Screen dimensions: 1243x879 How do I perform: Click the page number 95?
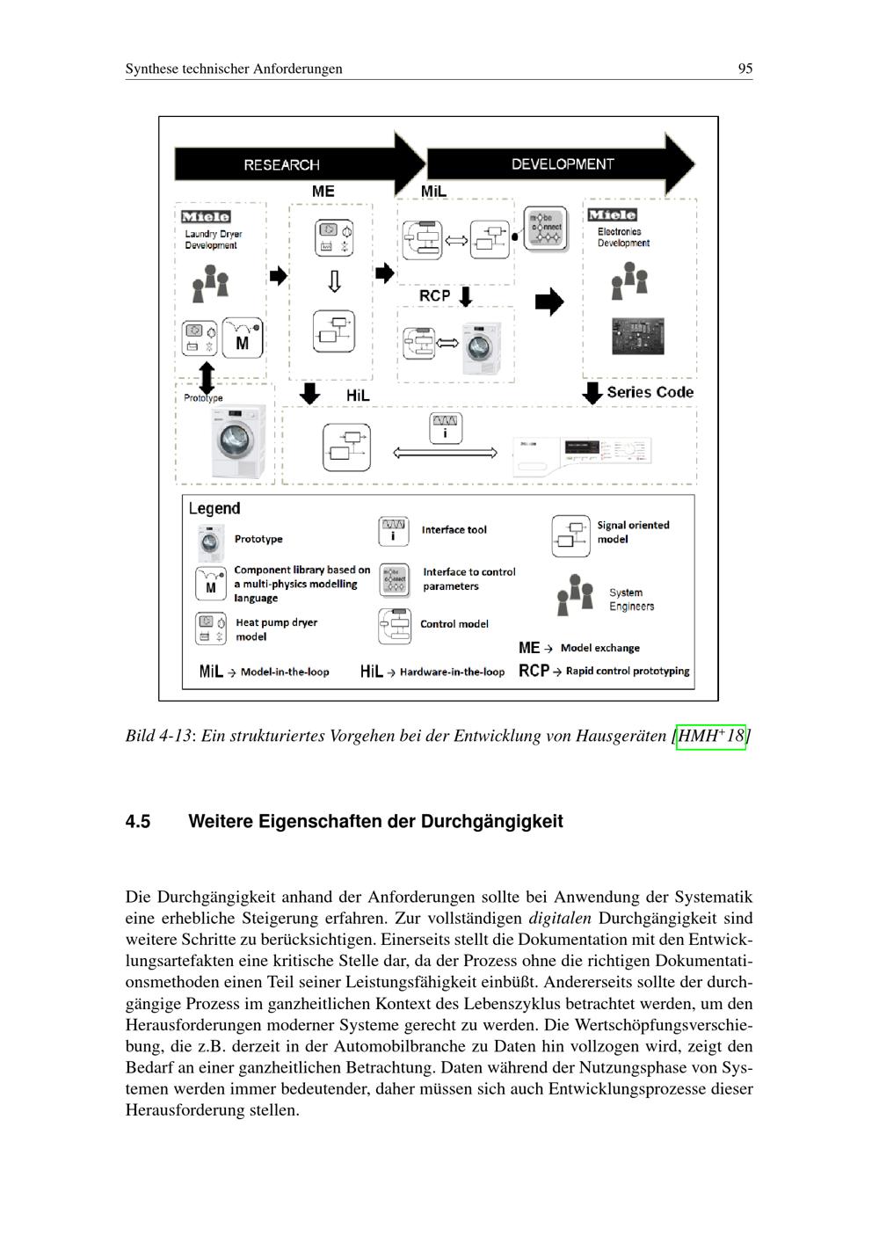click(745, 69)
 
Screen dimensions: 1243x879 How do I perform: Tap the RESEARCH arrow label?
click(281, 164)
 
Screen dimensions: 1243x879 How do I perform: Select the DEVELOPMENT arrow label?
click(563, 164)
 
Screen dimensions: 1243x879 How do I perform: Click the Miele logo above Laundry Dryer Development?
click(206, 216)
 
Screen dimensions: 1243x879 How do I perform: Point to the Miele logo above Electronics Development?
click(613, 214)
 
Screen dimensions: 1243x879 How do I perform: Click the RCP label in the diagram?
click(434, 296)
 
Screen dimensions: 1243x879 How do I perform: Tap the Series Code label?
click(650, 392)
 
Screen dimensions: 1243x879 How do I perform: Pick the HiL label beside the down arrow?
click(358, 396)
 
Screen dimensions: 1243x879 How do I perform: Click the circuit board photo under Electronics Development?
click(638, 335)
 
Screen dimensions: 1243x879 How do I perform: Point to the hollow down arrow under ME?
click(334, 281)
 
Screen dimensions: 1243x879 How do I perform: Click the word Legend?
click(214, 508)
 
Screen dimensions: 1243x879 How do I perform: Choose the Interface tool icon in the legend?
click(393, 531)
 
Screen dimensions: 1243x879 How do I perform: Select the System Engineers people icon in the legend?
click(576, 595)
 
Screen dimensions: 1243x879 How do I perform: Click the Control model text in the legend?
click(454, 624)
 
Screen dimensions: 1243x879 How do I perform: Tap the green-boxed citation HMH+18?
click(711, 735)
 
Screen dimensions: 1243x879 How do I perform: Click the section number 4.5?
click(138, 822)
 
